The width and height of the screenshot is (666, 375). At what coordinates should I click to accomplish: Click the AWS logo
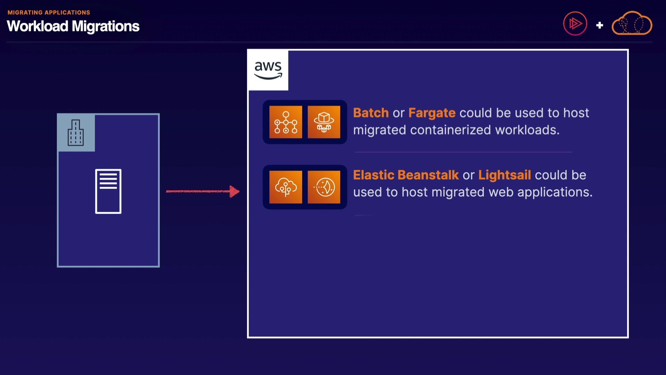coord(268,70)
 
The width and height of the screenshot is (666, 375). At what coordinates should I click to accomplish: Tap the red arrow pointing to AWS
coord(203,191)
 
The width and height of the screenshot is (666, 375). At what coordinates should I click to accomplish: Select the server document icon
coord(108,191)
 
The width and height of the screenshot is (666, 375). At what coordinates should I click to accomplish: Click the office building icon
coord(76,133)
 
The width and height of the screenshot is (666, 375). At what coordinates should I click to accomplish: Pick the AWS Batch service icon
coord(286,122)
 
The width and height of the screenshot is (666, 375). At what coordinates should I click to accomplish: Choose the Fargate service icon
coord(324,122)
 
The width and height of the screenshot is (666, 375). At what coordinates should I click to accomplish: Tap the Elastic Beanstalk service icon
coord(286,187)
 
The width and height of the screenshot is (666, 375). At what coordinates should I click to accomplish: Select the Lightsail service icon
coord(324,187)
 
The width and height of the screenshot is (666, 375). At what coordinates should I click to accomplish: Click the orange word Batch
coord(371,113)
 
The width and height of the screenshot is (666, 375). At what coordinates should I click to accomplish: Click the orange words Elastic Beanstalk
coord(406,175)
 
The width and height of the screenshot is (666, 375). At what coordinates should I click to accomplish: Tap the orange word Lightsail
coord(505,175)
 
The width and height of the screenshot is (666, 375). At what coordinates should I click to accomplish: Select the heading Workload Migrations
coord(73,26)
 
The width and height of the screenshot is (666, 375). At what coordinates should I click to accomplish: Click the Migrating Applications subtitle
coord(49,12)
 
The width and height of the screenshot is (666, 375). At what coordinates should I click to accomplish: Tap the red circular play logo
coord(575,24)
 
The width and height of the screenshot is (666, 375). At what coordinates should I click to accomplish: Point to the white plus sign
coord(599,25)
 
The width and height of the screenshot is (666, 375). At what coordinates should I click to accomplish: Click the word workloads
coord(527,130)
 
